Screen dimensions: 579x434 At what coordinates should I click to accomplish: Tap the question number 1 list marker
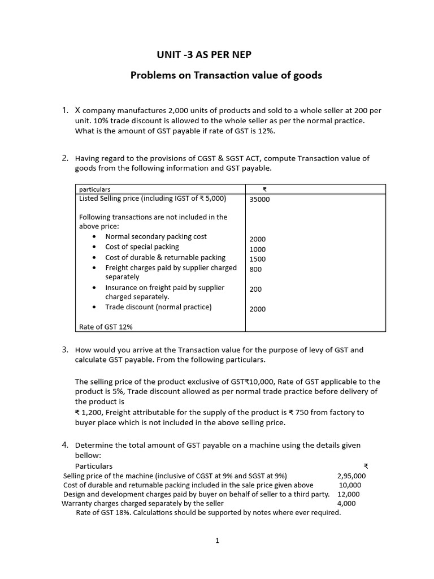[66, 110]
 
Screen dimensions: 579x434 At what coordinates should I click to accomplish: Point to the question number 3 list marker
[66, 350]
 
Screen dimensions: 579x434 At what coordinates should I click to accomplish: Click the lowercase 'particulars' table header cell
[95, 189]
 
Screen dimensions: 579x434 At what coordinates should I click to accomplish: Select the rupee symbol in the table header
[264, 189]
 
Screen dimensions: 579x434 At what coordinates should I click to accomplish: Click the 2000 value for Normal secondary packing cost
[257, 239]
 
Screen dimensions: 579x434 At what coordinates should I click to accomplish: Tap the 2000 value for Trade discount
[257, 309]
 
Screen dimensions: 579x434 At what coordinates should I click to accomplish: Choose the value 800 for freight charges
[255, 270]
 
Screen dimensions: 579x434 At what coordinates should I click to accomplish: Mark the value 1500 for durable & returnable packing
[257, 260]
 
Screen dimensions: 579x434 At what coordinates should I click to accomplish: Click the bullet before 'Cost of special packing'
[94, 247]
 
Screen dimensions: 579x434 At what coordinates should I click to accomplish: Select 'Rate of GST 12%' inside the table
[106, 327]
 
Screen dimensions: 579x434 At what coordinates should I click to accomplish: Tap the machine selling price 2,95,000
[351, 476]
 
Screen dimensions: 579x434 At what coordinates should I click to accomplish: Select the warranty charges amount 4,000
[346, 503]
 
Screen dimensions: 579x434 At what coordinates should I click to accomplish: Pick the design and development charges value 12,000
[348, 494]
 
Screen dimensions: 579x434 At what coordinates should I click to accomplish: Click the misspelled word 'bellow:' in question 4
[87, 455]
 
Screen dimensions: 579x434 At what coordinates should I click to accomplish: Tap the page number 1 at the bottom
[216, 541]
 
